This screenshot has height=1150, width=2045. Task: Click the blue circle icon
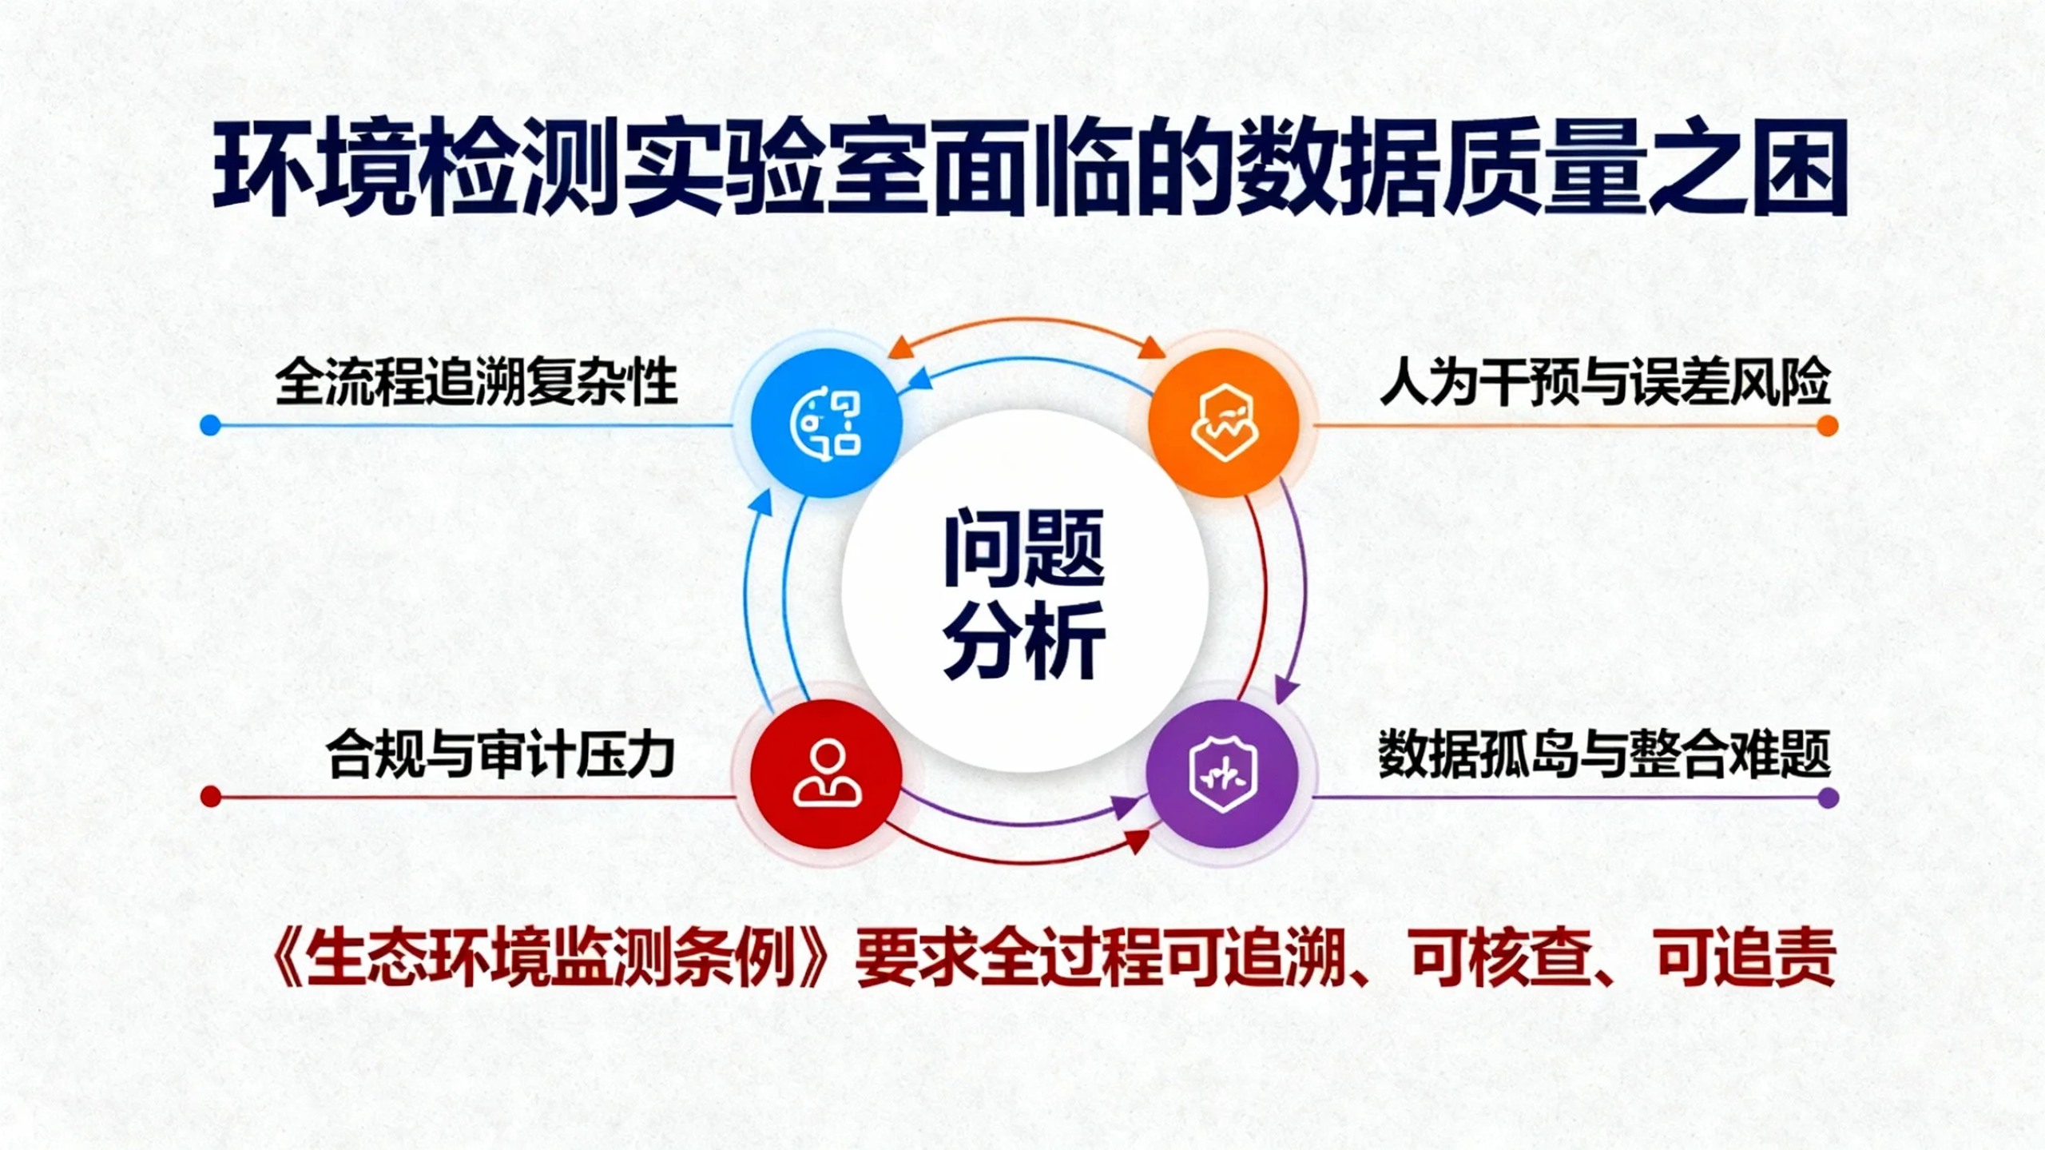click(x=827, y=423)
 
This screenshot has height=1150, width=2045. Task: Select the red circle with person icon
click(x=827, y=774)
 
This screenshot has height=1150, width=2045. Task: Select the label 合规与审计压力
click(x=501, y=754)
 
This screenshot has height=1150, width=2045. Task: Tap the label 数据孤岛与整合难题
click(x=1604, y=754)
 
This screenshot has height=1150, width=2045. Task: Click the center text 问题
click(x=1024, y=549)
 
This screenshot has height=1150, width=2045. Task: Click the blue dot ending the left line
click(x=211, y=425)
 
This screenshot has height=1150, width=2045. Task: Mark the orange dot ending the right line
click(x=1828, y=426)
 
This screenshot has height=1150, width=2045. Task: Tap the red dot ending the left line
click(x=211, y=797)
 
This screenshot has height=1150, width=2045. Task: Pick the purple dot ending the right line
click(x=1828, y=798)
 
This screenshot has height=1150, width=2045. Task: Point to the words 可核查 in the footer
click(x=1502, y=959)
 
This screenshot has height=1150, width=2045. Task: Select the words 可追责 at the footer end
click(x=1746, y=959)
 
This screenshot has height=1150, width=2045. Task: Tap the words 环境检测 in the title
click(x=415, y=169)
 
